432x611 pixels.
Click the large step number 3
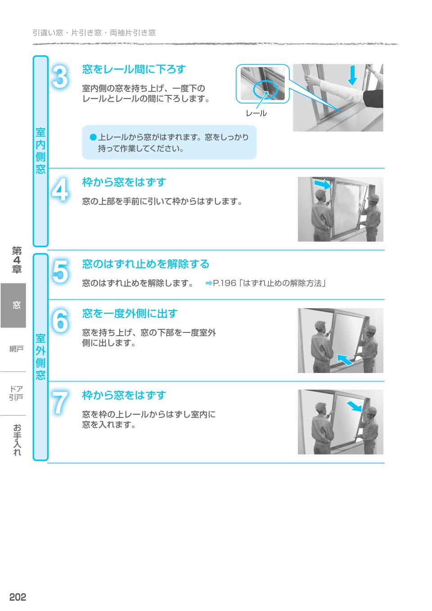point(60,77)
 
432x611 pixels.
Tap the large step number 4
point(60,190)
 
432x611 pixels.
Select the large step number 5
point(60,272)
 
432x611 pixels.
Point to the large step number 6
point(60,321)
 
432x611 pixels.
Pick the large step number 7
point(60,403)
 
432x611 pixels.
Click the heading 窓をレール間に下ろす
point(134,69)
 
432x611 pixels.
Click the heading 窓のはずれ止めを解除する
point(145,264)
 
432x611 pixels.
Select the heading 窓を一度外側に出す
point(130,313)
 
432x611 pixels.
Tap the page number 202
point(18,597)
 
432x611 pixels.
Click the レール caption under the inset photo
point(256,113)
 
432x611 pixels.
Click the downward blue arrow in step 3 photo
point(353,75)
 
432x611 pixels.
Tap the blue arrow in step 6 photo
point(344,359)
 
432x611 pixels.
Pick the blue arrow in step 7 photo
point(355,407)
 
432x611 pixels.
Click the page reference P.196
point(224,283)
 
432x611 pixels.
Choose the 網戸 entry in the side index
point(16,349)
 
